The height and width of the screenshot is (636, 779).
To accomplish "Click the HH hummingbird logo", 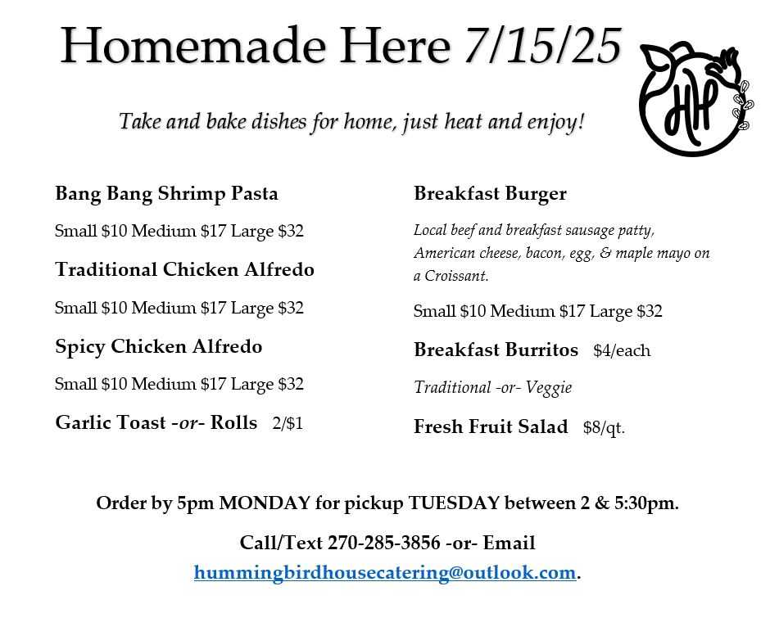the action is click(x=695, y=99).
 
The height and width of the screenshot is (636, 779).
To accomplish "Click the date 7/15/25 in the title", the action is click(x=542, y=45).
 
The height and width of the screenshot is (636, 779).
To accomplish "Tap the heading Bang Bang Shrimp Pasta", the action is click(x=166, y=194).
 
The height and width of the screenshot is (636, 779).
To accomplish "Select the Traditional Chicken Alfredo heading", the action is click(x=185, y=269).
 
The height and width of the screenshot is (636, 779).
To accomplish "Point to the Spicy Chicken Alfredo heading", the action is click(x=158, y=346).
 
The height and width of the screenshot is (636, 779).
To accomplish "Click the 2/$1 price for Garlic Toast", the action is click(x=288, y=423).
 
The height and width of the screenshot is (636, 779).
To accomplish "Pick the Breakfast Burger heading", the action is click(x=491, y=194).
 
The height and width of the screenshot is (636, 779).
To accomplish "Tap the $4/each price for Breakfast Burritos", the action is click(x=622, y=350).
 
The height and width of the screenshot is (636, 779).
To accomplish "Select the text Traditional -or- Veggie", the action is click(x=493, y=387).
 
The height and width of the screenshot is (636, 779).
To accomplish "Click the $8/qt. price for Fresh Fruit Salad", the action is click(x=604, y=427).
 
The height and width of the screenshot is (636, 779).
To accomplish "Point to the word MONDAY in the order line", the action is click(x=265, y=503).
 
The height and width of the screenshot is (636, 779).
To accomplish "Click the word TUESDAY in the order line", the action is click(x=454, y=503).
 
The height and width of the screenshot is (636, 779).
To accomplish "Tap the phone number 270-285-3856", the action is click(x=384, y=543).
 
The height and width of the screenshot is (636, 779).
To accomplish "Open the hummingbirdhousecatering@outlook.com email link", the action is click(x=385, y=573).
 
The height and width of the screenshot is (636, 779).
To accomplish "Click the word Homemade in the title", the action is click(x=193, y=46).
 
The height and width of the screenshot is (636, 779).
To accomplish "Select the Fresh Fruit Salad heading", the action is click(x=491, y=427).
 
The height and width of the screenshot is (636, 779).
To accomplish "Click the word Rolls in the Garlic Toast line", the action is click(x=233, y=422).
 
